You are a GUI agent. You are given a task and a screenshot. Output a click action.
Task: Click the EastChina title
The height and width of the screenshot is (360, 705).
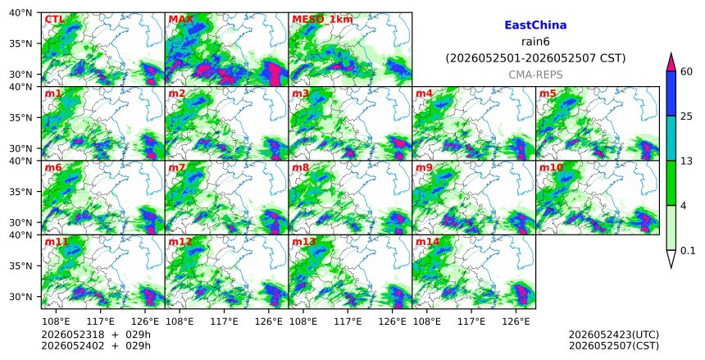(x=535, y=25)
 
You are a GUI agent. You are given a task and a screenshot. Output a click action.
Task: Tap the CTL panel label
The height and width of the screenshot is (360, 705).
(x=54, y=20)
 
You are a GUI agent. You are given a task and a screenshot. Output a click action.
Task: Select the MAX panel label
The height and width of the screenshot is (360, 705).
(x=180, y=20)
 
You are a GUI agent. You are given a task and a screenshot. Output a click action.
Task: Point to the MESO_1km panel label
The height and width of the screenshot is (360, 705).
(x=322, y=20)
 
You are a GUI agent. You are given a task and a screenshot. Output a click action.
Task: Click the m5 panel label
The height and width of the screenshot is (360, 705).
(x=548, y=93)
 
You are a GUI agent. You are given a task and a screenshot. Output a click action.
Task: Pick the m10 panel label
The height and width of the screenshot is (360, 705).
(x=551, y=168)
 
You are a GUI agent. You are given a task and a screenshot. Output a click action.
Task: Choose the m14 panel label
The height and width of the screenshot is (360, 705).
(x=427, y=242)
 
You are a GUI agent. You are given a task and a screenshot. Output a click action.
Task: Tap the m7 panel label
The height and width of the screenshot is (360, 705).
(x=177, y=168)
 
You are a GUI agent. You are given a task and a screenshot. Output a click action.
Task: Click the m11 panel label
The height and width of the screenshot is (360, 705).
(x=57, y=242)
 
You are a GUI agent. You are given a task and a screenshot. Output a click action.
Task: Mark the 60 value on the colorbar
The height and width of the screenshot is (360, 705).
(x=687, y=71)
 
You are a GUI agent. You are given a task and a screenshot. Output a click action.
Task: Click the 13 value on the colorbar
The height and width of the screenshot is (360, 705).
(x=686, y=161)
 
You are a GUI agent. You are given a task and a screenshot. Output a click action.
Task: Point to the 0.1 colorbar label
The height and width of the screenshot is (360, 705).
(x=688, y=251)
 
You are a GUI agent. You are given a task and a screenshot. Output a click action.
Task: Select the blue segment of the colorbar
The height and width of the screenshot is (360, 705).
(x=671, y=93)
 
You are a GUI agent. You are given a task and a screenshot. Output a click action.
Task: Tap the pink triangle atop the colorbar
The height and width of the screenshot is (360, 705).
(x=671, y=63)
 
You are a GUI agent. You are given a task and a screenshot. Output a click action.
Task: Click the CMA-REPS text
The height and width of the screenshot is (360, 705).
(x=535, y=75)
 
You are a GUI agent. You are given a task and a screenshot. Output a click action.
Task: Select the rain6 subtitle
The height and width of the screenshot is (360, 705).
(x=535, y=42)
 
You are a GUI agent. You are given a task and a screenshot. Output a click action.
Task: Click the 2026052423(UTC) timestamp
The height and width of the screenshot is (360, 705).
(x=614, y=335)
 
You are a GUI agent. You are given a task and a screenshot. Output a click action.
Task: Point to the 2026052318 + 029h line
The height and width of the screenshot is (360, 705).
(x=96, y=335)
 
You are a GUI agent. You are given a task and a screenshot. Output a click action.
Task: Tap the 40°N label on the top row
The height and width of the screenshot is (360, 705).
(x=20, y=12)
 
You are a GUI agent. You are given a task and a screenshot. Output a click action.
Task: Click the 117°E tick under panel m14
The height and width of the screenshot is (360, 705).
(x=471, y=321)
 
